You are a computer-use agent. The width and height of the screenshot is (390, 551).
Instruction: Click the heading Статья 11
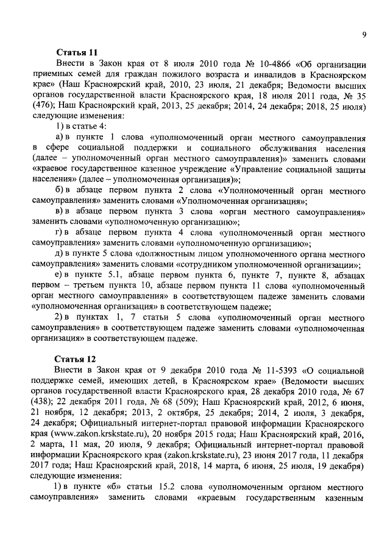pyautogui.click(x=77, y=53)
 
